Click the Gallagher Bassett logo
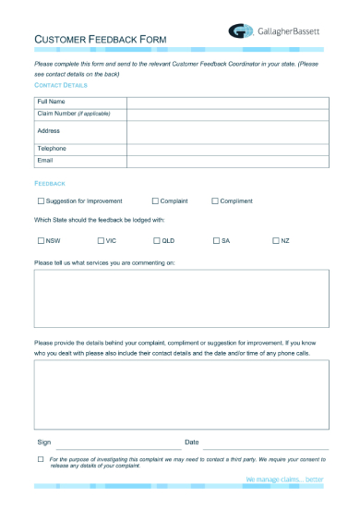(274, 31)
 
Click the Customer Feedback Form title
(99, 40)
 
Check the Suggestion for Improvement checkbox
(41, 200)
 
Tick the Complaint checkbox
(155, 200)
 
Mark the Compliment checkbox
(215, 200)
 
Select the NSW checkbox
(41, 240)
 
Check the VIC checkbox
(101, 240)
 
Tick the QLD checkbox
(157, 240)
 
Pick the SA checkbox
(216, 240)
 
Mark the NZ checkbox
(275, 240)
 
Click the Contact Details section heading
(60, 85)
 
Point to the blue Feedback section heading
(49, 184)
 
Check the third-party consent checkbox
(41, 459)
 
